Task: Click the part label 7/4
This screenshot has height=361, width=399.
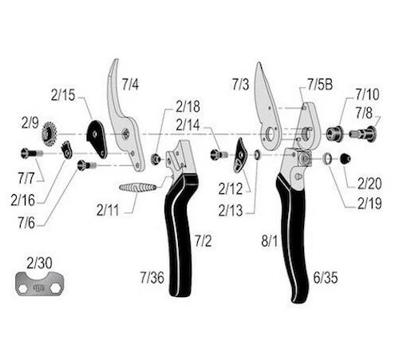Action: pos(130,84)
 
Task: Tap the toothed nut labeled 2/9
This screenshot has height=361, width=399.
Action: pos(50,133)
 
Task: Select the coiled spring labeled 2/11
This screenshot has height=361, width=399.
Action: pos(137,187)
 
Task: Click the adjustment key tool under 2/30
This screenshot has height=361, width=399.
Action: pos(40,284)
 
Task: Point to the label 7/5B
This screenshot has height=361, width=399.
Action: pos(320,85)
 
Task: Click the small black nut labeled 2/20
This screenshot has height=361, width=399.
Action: pos(346,159)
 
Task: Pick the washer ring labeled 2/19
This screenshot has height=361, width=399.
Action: pos(327,159)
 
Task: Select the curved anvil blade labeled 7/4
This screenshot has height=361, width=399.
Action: pos(123,117)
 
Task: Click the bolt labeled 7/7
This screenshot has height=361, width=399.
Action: pos(32,153)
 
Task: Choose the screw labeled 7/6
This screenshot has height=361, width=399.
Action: pos(87,165)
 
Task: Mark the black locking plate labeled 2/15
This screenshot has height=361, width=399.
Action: pos(97,138)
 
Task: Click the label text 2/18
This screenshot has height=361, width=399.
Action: pos(188,106)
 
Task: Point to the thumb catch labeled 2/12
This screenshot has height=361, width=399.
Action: pos(240,155)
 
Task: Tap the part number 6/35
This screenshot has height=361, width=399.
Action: pos(326,278)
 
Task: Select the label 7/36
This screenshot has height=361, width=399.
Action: pos(152,277)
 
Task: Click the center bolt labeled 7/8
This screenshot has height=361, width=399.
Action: pos(363,133)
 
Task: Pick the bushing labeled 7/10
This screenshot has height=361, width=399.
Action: pos(335,133)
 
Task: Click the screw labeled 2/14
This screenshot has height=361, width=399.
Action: pos(219,155)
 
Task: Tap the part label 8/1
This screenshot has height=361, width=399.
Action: pos(270,241)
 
